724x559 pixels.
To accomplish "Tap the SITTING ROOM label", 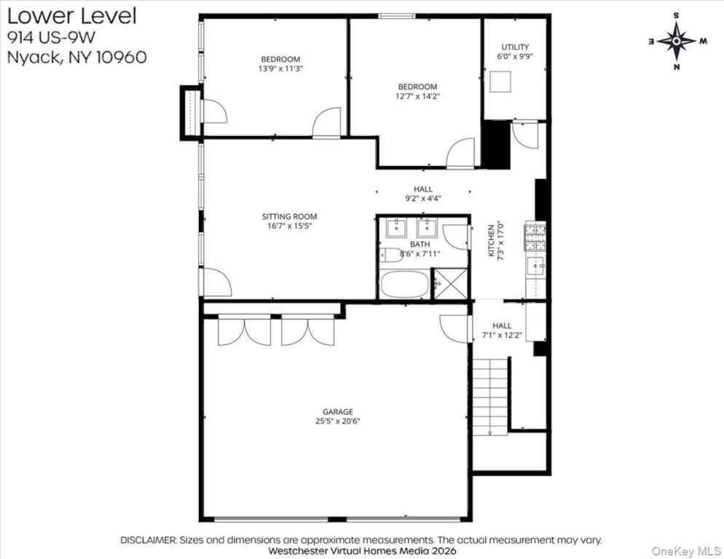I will [x=289, y=216].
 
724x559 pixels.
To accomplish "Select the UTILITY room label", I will [x=515, y=47].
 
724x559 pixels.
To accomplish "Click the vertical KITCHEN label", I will [x=491, y=240].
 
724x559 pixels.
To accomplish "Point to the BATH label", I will [x=420, y=244].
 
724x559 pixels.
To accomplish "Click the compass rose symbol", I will [x=677, y=41].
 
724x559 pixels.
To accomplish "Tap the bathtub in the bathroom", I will [x=404, y=285].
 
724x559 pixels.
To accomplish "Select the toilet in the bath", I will [x=390, y=255].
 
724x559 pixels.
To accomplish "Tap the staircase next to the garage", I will [x=489, y=397].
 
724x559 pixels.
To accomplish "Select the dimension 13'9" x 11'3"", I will [x=280, y=68].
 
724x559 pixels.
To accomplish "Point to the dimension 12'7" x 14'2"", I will [x=417, y=96].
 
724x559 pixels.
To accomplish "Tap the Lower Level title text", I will [x=71, y=15].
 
